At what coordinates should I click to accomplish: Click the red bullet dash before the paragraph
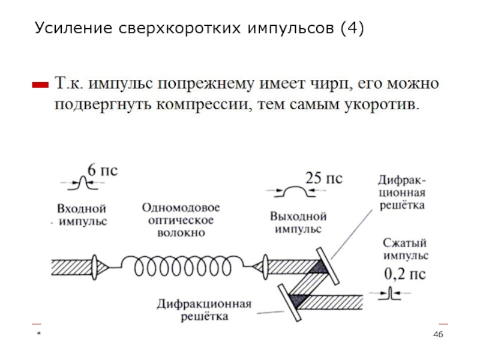40,85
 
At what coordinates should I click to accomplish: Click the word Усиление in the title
73,28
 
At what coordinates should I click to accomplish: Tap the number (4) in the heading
352,28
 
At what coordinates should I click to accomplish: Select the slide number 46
438,335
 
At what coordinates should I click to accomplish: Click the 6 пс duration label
103,170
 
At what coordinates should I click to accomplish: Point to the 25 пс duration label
324,178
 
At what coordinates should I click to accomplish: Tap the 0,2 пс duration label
405,274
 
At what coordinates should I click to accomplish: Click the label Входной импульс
82,215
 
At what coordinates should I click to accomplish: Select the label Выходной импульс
298,223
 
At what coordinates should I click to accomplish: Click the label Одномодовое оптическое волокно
181,220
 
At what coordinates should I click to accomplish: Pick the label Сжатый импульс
406,249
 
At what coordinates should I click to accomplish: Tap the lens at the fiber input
95,268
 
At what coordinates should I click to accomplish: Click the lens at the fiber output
266,267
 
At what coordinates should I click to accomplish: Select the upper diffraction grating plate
328,266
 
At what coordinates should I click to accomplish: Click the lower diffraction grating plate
290,303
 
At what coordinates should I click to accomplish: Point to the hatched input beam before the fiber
71,268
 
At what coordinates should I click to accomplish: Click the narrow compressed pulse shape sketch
389,293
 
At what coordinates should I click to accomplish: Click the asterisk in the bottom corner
39,334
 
